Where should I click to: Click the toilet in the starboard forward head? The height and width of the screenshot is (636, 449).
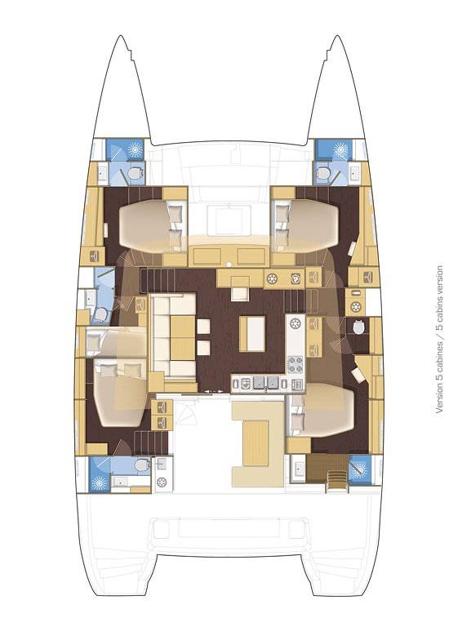[325, 173]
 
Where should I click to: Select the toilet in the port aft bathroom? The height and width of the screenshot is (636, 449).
[142, 464]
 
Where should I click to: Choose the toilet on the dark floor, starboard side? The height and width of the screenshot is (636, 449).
[360, 327]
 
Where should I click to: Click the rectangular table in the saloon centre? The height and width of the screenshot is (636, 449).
[252, 333]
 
